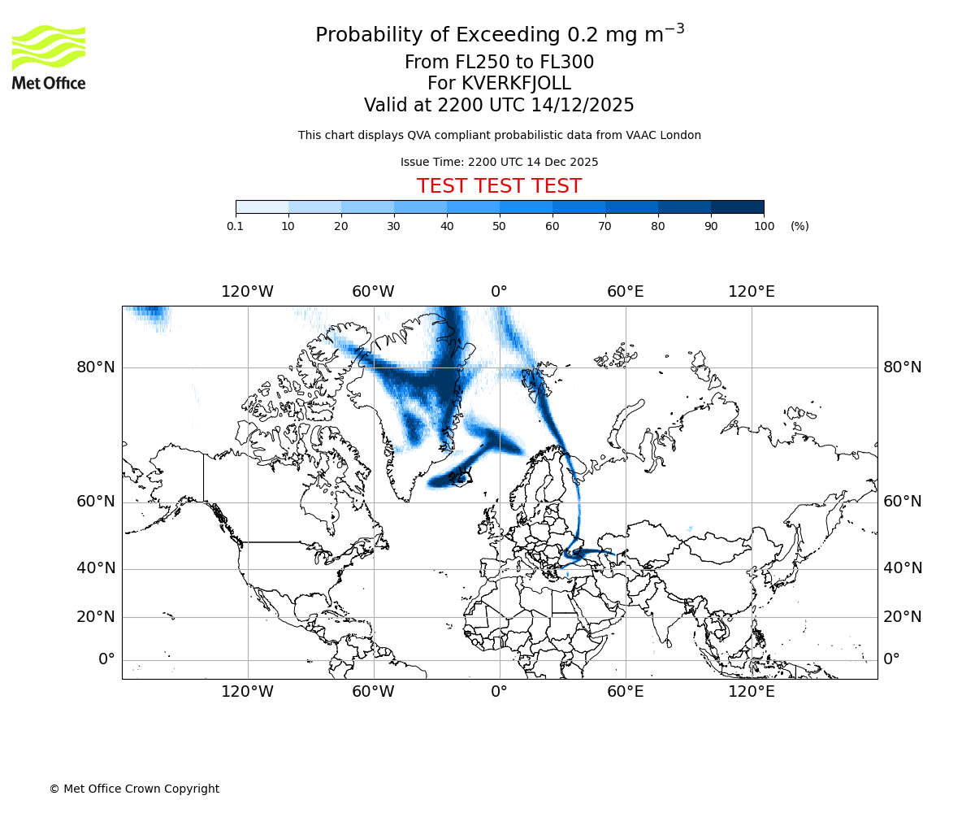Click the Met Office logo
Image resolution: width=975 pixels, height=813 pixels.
(49, 57)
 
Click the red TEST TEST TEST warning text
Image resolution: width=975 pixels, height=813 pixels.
(499, 186)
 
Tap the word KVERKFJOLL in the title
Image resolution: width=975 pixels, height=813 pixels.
(516, 84)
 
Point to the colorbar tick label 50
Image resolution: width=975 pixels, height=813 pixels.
(500, 226)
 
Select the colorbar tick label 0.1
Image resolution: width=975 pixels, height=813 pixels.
(235, 226)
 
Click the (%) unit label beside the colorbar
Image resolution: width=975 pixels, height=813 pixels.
(799, 226)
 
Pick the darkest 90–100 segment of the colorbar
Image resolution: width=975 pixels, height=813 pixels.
(737, 207)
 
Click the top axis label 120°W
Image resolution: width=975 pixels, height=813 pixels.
(247, 292)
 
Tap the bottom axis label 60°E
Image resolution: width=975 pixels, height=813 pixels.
(625, 692)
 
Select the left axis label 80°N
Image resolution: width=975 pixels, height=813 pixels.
(96, 367)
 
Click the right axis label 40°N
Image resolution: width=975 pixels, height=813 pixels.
(902, 568)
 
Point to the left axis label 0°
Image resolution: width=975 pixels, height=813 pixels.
(106, 659)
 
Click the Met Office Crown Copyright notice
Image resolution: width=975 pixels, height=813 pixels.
(134, 789)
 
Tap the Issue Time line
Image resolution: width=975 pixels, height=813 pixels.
(499, 162)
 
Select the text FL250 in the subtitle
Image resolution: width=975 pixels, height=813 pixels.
(470, 63)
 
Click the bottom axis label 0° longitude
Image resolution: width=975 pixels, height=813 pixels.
(499, 692)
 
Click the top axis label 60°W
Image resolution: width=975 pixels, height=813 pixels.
(373, 292)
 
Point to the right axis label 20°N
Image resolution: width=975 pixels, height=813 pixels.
(902, 617)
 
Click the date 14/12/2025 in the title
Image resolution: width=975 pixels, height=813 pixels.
(583, 106)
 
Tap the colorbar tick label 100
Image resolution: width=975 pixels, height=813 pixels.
(764, 226)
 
